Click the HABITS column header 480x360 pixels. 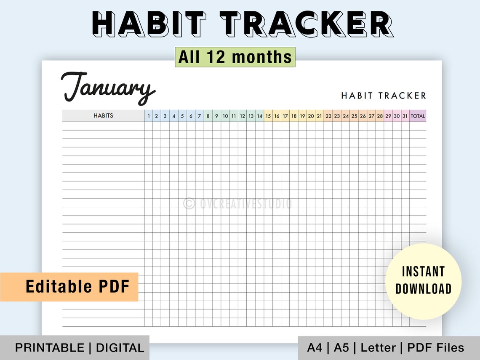pyautogui.click(x=103, y=116)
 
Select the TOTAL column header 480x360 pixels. pyautogui.click(x=418, y=116)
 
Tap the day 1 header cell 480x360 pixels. pyautogui.click(x=149, y=116)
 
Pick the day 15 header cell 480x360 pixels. pyautogui.click(x=268, y=116)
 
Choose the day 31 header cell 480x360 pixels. pyautogui.click(x=405, y=116)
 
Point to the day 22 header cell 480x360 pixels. pyautogui.click(x=328, y=116)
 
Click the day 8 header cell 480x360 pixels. pyautogui.click(x=208, y=116)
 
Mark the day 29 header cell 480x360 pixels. pyautogui.click(x=388, y=116)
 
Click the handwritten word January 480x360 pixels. pyautogui.click(x=108, y=88)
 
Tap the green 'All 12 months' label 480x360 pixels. pyautogui.click(x=235, y=57)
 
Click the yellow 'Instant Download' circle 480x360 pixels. pyautogui.click(x=423, y=280)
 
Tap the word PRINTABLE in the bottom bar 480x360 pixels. pyautogui.click(x=50, y=348)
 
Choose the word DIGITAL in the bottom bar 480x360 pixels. pyautogui.click(x=120, y=348)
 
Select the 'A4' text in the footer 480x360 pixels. pyautogui.click(x=315, y=348)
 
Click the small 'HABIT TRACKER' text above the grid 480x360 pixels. pyautogui.click(x=384, y=96)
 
